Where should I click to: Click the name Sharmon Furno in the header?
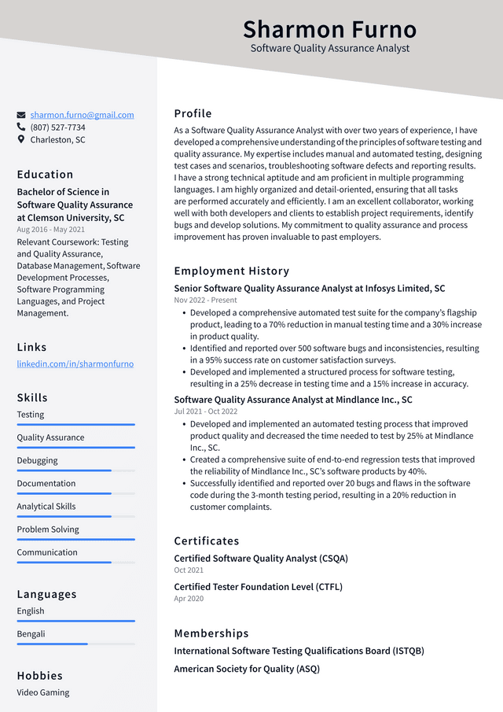tap(329, 29)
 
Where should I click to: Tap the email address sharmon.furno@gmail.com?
tap(82, 115)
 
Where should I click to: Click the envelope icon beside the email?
tap(21, 115)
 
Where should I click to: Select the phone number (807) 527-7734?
tap(57, 127)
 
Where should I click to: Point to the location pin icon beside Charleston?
tap(21, 140)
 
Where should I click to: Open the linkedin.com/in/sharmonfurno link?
tap(75, 364)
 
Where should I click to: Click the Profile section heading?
tap(193, 113)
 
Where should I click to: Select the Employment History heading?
tap(231, 271)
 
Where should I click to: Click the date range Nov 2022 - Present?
tap(205, 301)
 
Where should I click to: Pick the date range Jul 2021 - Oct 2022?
tap(205, 411)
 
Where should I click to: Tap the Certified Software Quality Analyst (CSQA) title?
tap(260, 559)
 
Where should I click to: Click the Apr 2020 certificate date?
tap(188, 599)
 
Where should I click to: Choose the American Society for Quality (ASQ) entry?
tap(246, 670)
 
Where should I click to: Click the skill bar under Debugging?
tap(75, 470)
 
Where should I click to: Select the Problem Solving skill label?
tap(48, 529)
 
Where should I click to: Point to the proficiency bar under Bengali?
tap(75, 644)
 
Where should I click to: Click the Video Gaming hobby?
tap(43, 693)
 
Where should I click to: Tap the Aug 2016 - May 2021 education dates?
tap(50, 230)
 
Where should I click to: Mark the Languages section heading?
tap(46, 594)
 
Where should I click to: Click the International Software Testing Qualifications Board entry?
tap(299, 651)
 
